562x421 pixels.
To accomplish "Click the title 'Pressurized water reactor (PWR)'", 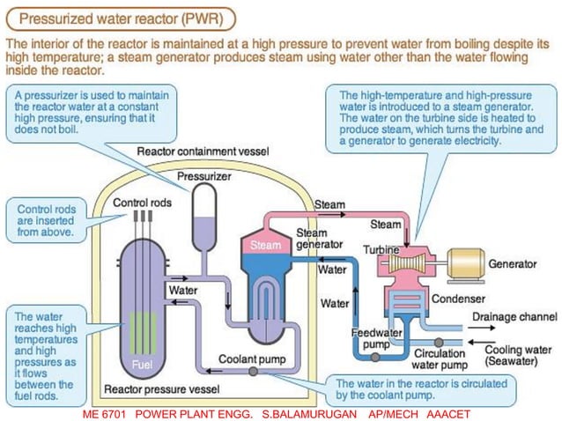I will (128, 17).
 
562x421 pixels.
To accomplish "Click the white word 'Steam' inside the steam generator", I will (265, 246).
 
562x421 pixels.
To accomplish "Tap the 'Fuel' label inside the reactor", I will (143, 364).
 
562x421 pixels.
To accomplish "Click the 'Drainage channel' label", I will (514, 316).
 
